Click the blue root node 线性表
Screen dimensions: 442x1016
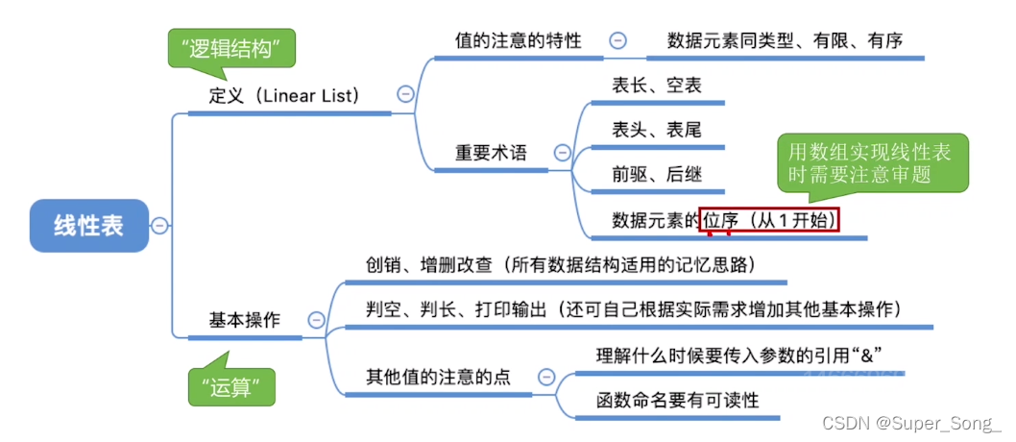(x=89, y=226)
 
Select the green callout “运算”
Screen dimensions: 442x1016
(x=230, y=387)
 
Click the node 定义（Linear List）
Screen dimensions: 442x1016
(x=284, y=95)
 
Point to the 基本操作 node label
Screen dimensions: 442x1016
(x=245, y=320)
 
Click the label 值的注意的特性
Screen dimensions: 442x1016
(x=518, y=40)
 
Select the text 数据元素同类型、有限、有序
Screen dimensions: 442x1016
(x=786, y=40)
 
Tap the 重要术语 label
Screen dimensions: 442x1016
(x=491, y=153)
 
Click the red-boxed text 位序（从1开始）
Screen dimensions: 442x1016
(x=770, y=220)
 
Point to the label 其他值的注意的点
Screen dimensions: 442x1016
(x=438, y=377)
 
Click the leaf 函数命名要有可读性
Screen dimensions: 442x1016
(x=677, y=399)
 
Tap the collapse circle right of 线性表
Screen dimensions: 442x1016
(x=160, y=226)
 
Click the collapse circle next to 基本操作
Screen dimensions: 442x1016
(x=315, y=320)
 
